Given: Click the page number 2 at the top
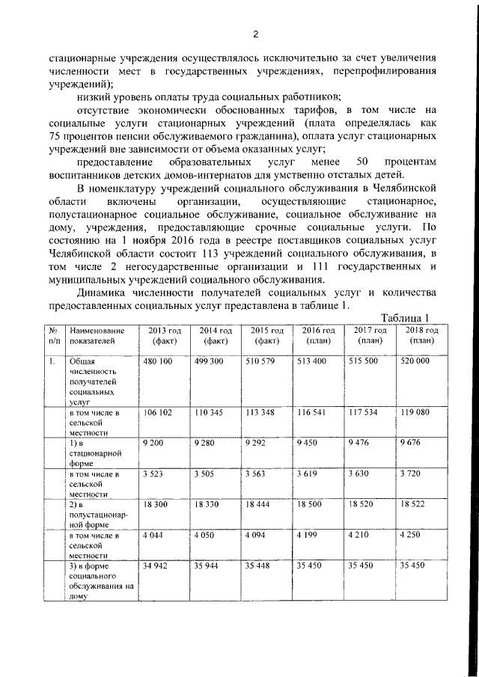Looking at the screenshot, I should [255, 34].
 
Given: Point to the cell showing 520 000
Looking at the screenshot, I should [415, 361].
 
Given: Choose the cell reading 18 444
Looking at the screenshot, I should [260, 506].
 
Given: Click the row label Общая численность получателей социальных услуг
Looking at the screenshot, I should [93, 381].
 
